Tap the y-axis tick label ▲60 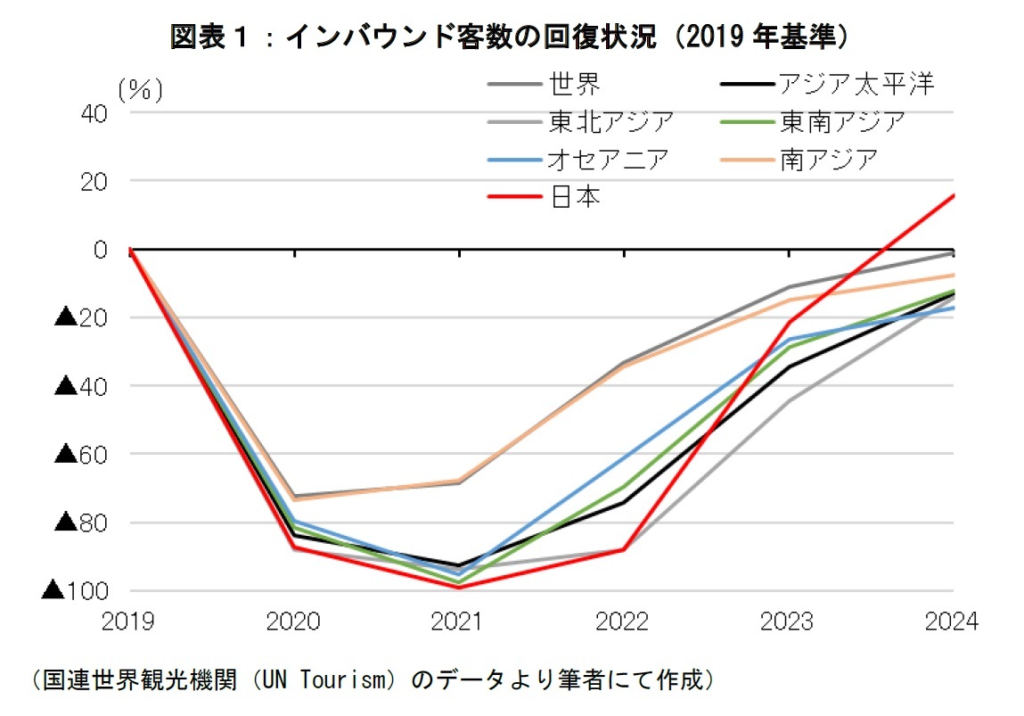[x=82, y=455]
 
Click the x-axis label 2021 [x=459, y=621]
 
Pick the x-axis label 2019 [x=130, y=621]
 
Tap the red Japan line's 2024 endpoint [x=953, y=195]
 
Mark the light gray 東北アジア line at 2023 [x=789, y=400]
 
